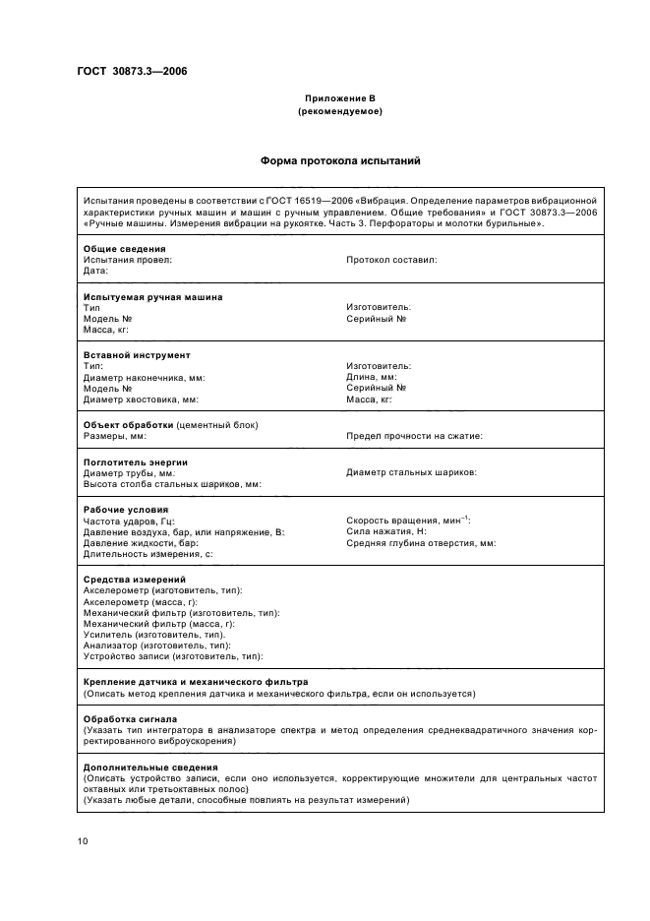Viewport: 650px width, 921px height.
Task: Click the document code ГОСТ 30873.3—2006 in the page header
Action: pos(133,71)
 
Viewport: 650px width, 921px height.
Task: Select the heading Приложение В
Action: pos(339,99)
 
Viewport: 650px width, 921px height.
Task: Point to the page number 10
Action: pos(82,840)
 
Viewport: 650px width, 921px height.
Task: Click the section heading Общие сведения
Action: pos(124,249)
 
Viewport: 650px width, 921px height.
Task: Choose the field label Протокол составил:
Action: pos(391,260)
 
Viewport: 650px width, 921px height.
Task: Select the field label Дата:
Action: pos(95,271)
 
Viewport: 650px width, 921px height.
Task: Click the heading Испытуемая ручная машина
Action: pos(152,297)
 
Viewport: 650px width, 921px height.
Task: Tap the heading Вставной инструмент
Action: pos(137,355)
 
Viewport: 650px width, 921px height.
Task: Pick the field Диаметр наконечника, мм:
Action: pos(145,378)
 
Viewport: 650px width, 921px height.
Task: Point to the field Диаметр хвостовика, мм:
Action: pos(142,399)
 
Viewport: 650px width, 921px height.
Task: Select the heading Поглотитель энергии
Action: pos(136,461)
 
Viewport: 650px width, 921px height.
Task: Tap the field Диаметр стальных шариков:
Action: pos(412,472)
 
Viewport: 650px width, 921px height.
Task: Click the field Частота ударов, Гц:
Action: pos(128,521)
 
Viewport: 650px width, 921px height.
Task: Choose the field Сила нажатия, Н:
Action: pos(386,531)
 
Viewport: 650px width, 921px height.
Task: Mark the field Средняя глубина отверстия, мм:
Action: pos(421,542)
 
